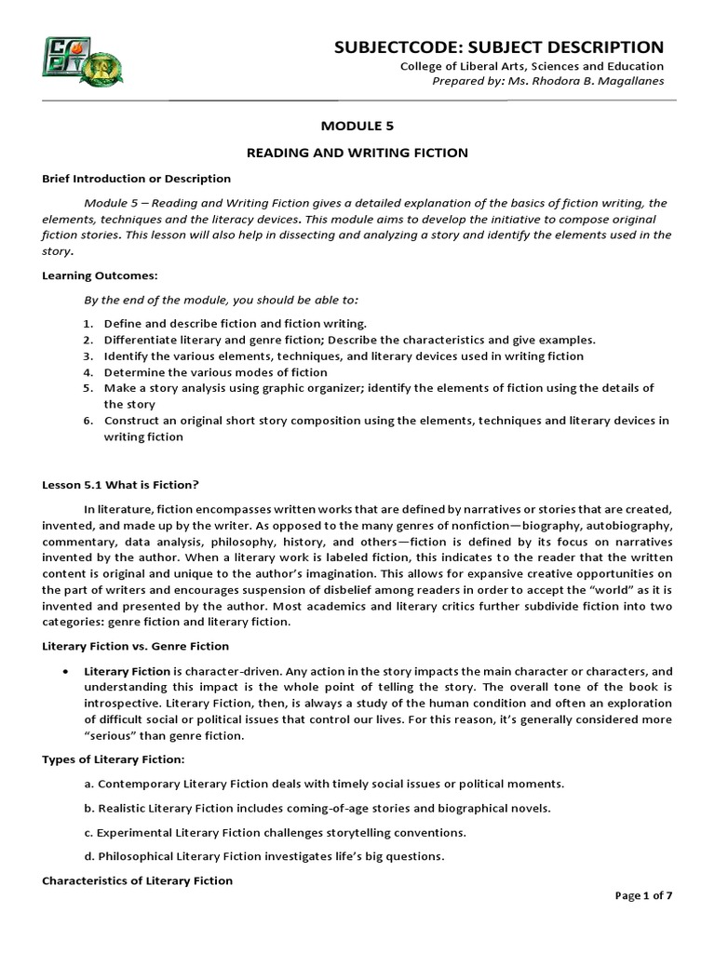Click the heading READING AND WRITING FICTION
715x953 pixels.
[357, 152]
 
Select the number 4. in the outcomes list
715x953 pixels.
[88, 372]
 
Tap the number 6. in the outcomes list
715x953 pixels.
[88, 421]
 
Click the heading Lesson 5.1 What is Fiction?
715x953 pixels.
[121, 484]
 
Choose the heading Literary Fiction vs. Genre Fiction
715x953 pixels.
[136, 646]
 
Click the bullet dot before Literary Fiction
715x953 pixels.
[63, 671]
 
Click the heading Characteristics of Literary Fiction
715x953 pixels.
[138, 880]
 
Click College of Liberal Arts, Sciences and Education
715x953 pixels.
[532, 66]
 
